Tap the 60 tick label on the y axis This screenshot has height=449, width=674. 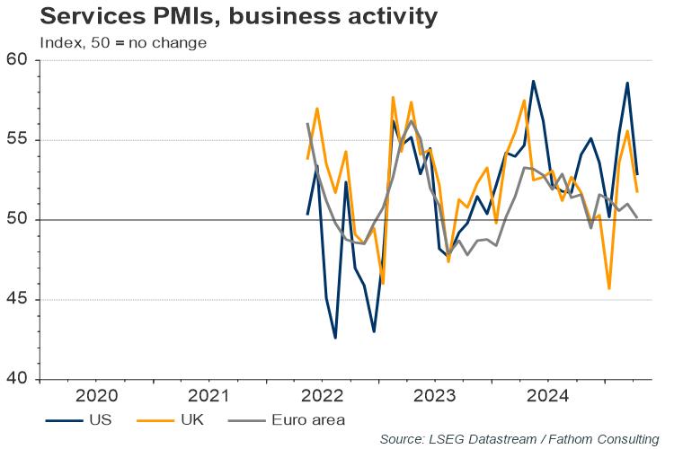(19, 60)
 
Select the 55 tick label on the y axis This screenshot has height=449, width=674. (19, 140)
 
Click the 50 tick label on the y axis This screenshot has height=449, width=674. (19, 220)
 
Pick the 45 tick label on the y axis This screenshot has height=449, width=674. (19, 300)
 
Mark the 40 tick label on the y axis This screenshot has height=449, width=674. (19, 380)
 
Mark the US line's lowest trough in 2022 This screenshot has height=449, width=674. (335, 338)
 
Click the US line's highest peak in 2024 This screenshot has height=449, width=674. (533, 81)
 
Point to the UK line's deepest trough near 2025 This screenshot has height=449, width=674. (609, 288)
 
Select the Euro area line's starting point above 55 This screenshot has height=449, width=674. (307, 124)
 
